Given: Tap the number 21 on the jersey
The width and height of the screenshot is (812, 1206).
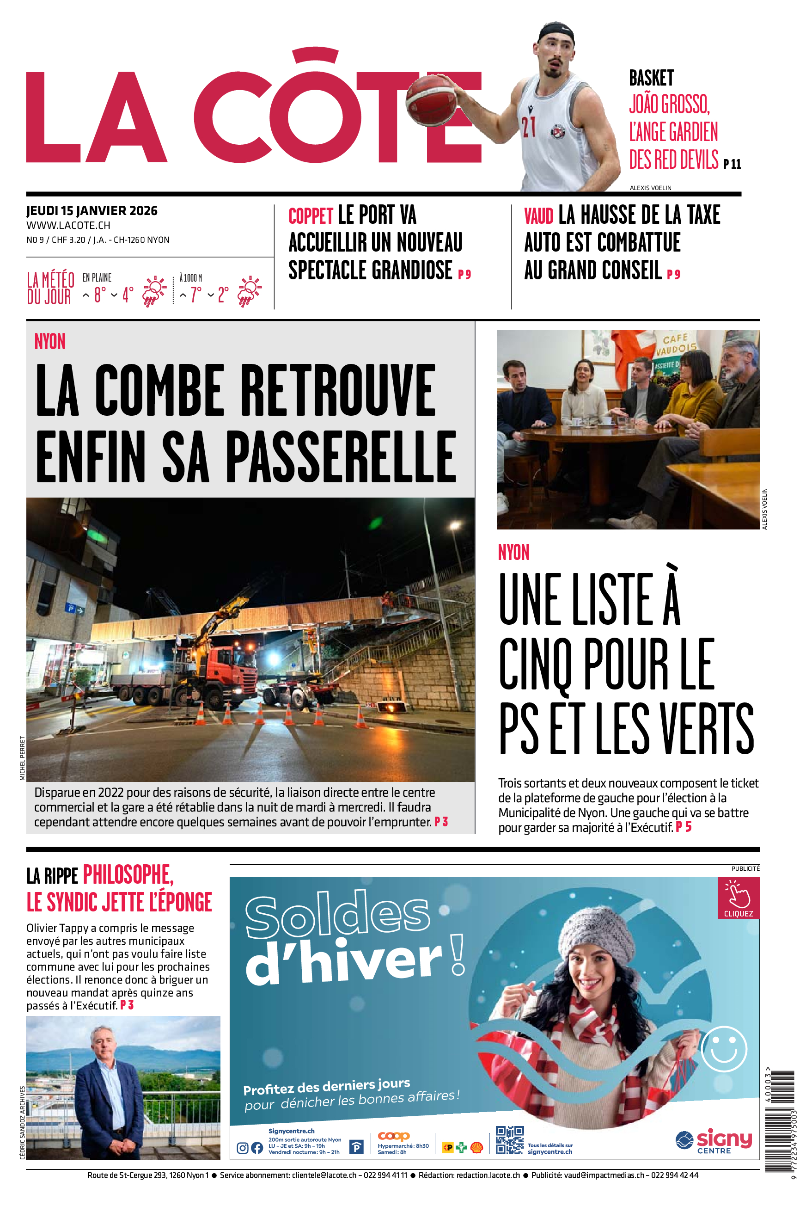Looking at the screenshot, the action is click(x=528, y=126).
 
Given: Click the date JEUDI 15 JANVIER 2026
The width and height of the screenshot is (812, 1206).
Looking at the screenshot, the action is click(x=92, y=211).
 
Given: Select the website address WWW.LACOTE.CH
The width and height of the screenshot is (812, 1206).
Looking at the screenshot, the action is click(x=68, y=225).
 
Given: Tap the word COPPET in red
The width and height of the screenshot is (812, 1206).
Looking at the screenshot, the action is click(x=311, y=216).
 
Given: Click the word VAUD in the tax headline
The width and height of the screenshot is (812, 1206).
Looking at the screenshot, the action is click(x=538, y=216).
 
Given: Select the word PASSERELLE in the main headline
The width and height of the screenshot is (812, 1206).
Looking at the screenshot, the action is click(x=341, y=457).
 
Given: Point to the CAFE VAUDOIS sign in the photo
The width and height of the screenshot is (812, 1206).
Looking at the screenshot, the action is click(x=676, y=345).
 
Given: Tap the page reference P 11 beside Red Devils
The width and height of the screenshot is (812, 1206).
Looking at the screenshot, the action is click(x=732, y=164).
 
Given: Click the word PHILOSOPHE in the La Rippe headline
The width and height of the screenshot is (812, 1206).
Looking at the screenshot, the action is click(x=128, y=875).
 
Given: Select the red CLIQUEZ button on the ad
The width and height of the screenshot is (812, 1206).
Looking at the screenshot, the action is click(x=738, y=898).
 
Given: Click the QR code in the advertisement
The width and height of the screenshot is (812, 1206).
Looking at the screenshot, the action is click(x=510, y=1140).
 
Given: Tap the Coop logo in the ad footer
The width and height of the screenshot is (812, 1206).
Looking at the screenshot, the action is click(x=394, y=1137).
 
